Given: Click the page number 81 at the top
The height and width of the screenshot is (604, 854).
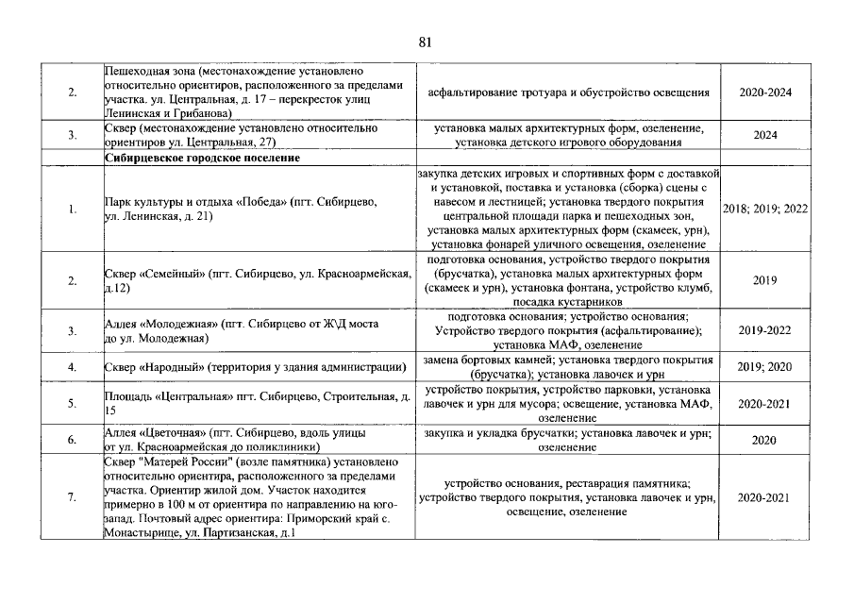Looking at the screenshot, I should coord(425,42).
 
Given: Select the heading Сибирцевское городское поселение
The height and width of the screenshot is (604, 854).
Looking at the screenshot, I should coord(202,159).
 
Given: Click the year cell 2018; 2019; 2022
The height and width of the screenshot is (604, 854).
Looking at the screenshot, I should coord(765,209).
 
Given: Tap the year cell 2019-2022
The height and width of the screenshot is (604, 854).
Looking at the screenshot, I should coord(765,330).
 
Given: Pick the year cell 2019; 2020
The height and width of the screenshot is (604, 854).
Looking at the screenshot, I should coord(765,366).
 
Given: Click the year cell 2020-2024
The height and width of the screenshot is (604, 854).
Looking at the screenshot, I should coord(765,92).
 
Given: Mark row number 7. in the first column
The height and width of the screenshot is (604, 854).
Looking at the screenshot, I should coord(73,497).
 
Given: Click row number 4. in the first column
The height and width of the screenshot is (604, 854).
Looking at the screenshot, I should coord(73,366).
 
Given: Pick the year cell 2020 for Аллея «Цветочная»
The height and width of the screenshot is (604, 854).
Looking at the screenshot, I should coord(765,440).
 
